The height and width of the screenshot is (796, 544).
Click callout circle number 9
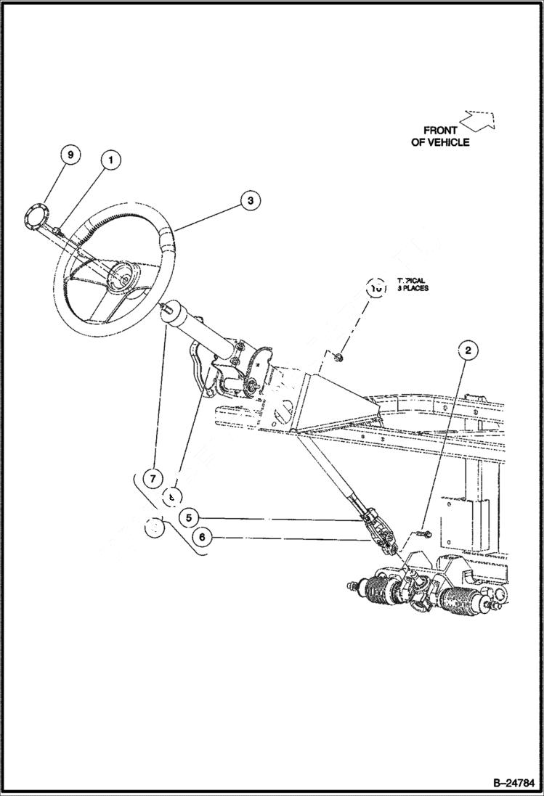pyautogui.click(x=70, y=156)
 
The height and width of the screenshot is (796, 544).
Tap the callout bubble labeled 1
pyautogui.click(x=110, y=160)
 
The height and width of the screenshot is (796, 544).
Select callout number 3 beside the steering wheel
pyautogui.click(x=248, y=201)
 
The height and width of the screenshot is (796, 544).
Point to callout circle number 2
pyautogui.click(x=468, y=350)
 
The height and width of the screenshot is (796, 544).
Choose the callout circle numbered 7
pyautogui.click(x=153, y=479)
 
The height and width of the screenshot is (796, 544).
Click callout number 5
pyautogui.click(x=188, y=517)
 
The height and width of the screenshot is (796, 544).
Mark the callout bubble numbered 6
pyautogui.click(x=203, y=538)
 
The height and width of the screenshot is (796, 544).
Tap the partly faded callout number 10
pyautogui.click(x=376, y=287)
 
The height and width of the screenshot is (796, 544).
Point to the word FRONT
pyautogui.click(x=440, y=131)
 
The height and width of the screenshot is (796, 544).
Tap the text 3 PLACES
pyautogui.click(x=413, y=288)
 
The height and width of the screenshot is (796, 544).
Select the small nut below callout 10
pyautogui.click(x=339, y=356)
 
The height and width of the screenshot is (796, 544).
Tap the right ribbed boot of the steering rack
pyautogui.click(x=459, y=602)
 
